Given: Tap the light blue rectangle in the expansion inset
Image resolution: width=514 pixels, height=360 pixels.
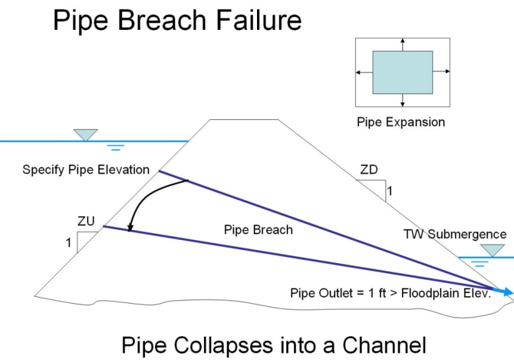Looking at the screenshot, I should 403,72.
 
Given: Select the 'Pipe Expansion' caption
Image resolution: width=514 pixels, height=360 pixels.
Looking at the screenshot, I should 401,122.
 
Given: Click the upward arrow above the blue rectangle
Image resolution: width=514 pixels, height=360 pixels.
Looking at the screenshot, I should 403,44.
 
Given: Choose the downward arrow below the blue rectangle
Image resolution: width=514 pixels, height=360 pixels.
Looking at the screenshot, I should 403,100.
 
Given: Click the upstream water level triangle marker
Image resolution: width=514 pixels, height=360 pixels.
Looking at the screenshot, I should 86,135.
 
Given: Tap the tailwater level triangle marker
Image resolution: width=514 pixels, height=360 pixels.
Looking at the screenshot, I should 492,251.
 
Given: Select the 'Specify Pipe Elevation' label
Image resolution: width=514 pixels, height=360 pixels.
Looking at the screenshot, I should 86,170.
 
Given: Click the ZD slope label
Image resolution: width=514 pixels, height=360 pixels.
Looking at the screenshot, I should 369,170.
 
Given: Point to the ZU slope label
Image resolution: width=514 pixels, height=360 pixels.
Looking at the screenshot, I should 86,221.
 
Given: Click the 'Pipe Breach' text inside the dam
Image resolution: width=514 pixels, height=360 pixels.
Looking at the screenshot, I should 258,230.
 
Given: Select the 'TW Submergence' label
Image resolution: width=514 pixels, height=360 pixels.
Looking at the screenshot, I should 455,234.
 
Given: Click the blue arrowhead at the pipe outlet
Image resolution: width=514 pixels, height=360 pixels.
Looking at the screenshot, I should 507,292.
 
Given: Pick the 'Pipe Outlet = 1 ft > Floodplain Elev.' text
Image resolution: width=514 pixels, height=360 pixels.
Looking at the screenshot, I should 391,293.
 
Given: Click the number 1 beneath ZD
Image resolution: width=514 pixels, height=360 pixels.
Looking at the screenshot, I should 389,191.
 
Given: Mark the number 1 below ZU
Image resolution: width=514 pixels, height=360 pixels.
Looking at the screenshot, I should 68,243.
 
